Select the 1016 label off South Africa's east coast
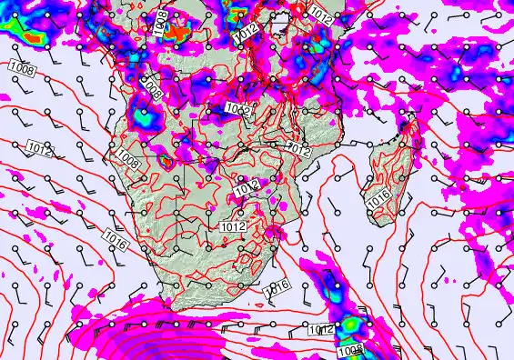pos(277,286)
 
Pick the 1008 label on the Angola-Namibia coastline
pos(127,162)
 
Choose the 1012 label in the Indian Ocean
pos(320,329)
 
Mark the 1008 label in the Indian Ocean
pos(350,351)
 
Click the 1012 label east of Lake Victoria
pos(320,14)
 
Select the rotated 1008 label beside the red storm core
pos(161,26)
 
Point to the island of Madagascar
pos(387,177)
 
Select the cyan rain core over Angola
pos(144,116)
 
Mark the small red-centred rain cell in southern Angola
pos(166,161)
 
